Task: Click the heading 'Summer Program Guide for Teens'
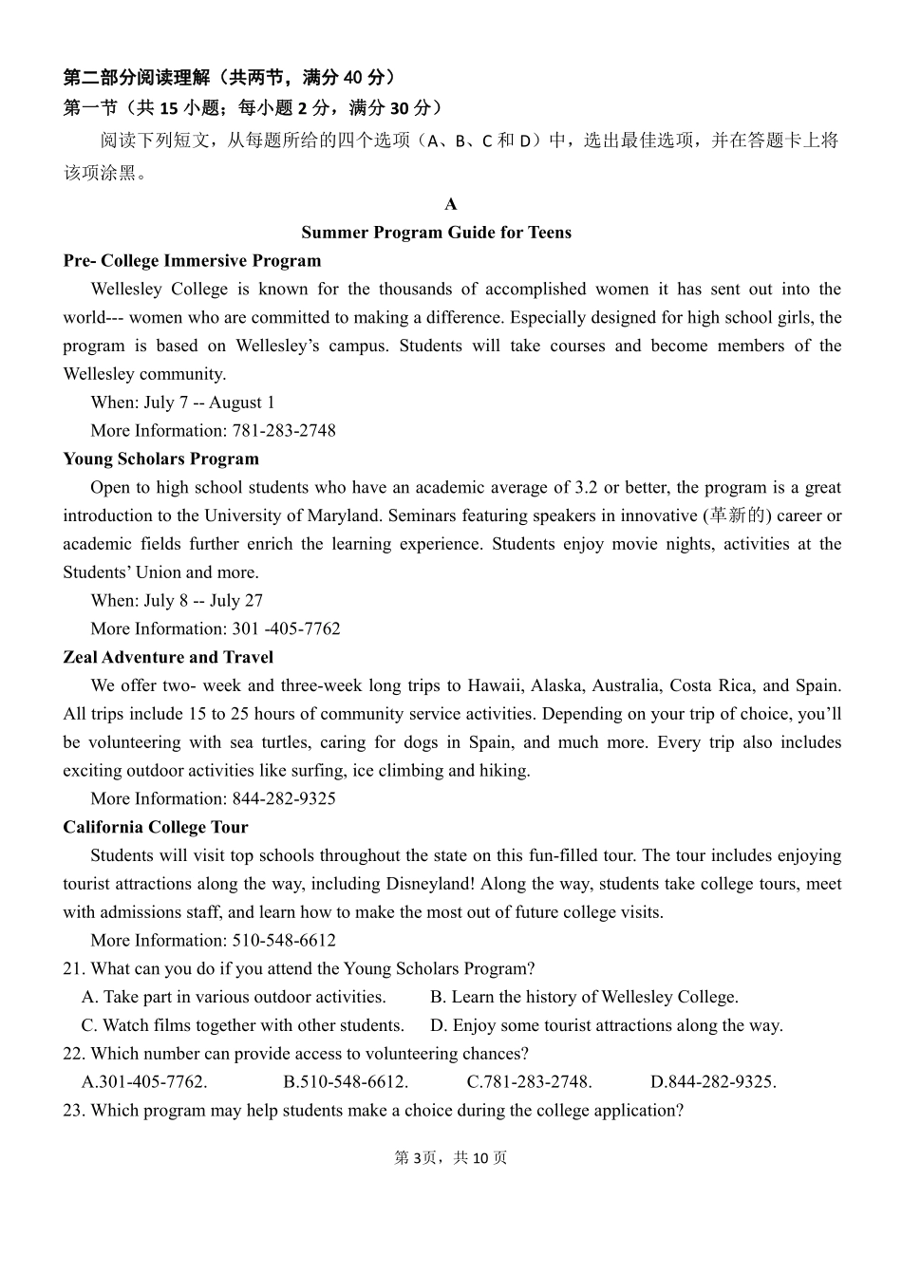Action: pos(436,233)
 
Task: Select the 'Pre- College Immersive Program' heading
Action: pos(192,261)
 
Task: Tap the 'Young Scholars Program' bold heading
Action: pos(160,459)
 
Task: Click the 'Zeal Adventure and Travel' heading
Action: pos(168,658)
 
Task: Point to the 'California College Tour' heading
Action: pos(155,828)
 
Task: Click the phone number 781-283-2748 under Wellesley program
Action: pos(284,431)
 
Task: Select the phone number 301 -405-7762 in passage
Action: pos(286,629)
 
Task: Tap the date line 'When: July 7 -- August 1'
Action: pos(182,403)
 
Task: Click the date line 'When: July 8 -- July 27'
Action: pos(177,601)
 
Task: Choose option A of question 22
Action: pos(144,1082)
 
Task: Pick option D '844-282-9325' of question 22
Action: pos(713,1082)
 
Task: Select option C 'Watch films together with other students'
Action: pos(243,1025)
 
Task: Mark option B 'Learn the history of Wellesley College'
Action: pos(584,997)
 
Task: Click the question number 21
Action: pos(74,969)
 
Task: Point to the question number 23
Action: pos(74,1111)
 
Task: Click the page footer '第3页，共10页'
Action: pos(450,1158)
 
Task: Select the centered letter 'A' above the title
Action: pos(451,205)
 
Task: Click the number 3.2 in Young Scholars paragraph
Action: pos(587,488)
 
